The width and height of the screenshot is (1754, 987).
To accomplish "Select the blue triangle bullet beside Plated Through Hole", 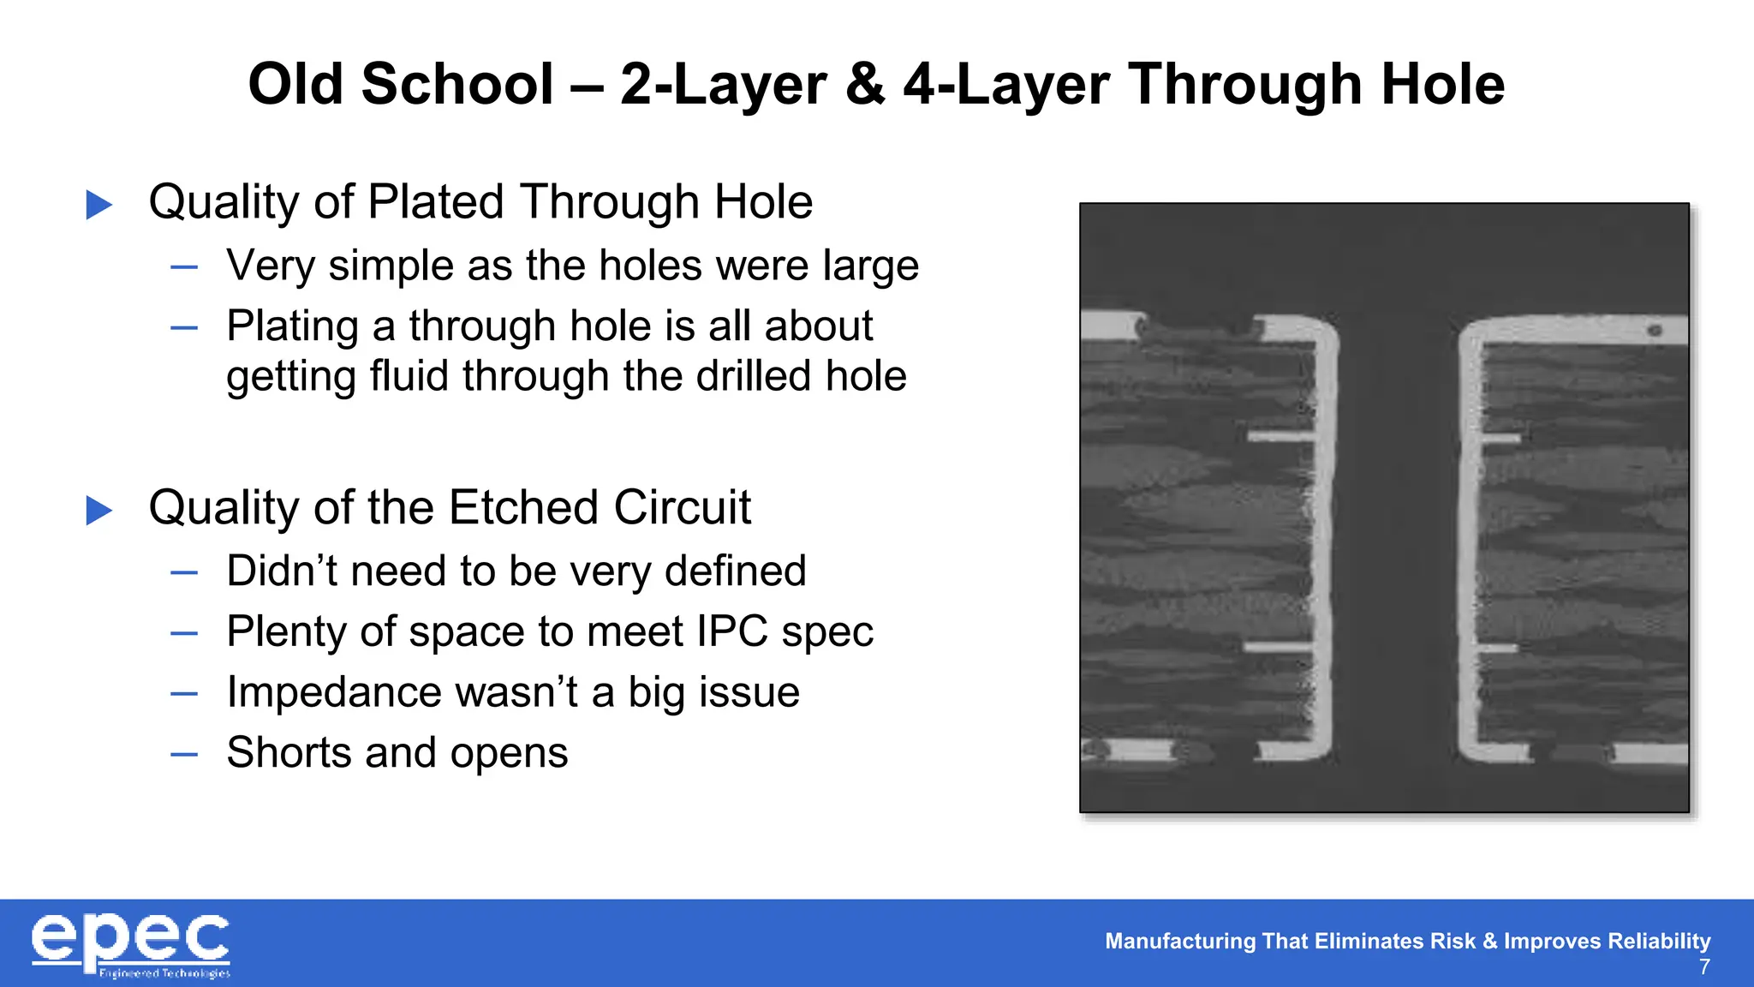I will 99,205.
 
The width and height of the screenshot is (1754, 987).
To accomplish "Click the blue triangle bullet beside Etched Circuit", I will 99,511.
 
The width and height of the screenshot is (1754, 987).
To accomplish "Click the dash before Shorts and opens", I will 184,754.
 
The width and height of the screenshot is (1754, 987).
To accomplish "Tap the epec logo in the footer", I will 130,944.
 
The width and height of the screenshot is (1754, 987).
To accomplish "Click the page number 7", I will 1704,967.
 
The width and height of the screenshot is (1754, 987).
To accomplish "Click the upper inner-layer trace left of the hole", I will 1280,437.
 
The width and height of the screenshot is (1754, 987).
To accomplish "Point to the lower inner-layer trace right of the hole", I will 1498,649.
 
